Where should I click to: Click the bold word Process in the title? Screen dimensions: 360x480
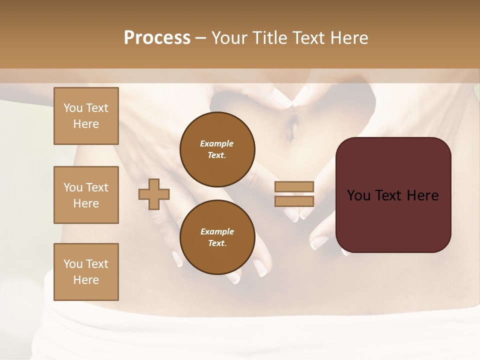tap(157, 38)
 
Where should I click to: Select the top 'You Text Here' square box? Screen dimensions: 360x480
tap(86, 116)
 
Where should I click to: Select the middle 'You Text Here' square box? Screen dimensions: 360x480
tap(86, 195)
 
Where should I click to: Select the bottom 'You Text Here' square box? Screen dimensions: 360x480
tap(86, 272)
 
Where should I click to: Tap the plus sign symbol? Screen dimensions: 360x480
tap(154, 194)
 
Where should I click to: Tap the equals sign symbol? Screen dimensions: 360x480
tap(294, 194)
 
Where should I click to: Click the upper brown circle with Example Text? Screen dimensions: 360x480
tap(217, 149)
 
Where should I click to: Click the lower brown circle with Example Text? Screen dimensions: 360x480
tap(217, 237)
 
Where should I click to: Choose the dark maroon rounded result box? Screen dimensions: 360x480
tap(393, 195)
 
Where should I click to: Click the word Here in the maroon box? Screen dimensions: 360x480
tap(422, 195)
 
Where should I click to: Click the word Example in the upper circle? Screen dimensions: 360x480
tap(217, 143)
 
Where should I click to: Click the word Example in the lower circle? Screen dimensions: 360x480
tap(217, 231)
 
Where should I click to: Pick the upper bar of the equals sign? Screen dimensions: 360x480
tap(294, 186)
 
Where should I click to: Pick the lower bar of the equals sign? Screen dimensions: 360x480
tap(294, 201)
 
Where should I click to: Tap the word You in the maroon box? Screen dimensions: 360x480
tap(358, 195)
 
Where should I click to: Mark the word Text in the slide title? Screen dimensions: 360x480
tap(307, 38)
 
